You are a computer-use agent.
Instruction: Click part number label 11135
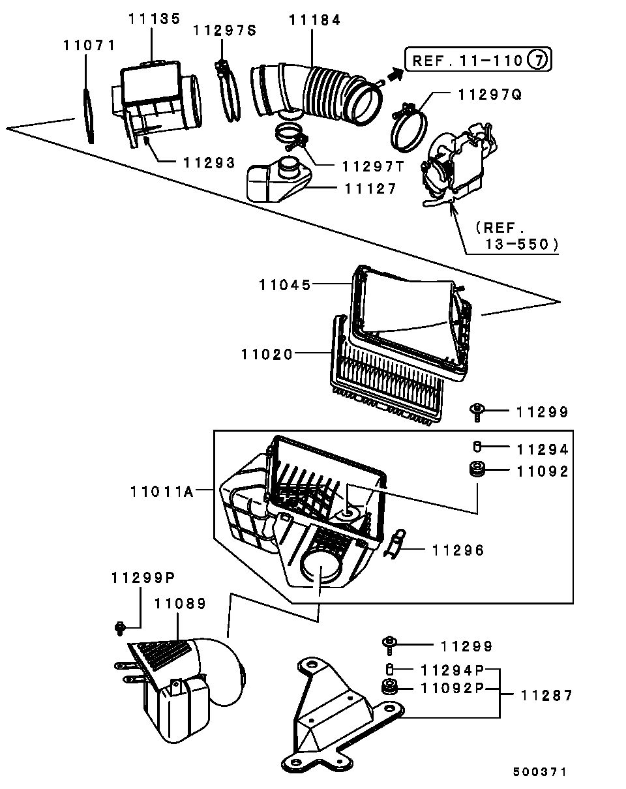pos(154,19)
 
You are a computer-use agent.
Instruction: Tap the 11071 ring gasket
pos(89,116)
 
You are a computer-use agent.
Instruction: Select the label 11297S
pos(225,31)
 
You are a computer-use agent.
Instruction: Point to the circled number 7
pos(537,59)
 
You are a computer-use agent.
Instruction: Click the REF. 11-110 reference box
pos(478,59)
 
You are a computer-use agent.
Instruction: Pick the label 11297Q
pos(490,95)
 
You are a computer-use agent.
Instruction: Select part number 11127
pos(370,189)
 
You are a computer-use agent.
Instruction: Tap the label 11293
pos(209,163)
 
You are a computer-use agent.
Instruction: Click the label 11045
pos(285,285)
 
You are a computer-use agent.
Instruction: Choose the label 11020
pos(267,355)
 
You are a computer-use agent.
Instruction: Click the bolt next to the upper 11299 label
pos(477,412)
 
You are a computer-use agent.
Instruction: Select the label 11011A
pos(162,492)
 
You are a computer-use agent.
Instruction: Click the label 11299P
pos(143,578)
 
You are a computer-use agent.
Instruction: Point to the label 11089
pos(180,604)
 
